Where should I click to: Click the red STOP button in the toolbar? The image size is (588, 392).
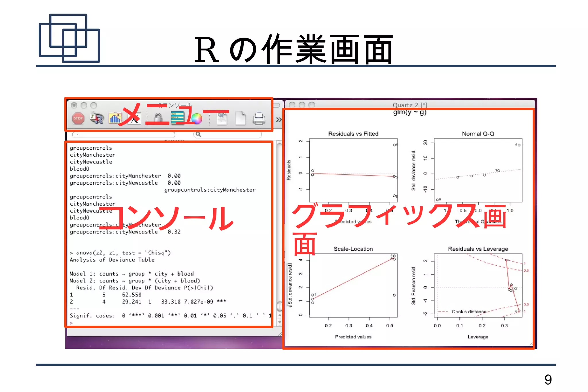coord(78,118)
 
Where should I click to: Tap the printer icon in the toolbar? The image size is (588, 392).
coord(259,119)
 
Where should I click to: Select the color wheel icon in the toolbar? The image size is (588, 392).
coord(197,119)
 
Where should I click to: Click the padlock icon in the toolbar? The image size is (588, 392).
coord(158,118)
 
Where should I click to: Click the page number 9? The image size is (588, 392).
coord(548,380)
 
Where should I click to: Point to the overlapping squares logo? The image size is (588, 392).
coord(69,38)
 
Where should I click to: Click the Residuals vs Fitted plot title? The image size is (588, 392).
coord(353,134)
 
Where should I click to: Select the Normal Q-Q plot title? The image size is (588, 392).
coord(478,134)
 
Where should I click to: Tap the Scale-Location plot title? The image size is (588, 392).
coord(353,249)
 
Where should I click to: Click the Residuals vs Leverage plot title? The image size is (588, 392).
coord(478,249)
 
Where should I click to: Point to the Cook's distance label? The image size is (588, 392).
coord(469,312)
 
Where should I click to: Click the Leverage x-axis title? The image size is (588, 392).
coord(478,337)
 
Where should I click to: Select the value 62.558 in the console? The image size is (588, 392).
coord(131,295)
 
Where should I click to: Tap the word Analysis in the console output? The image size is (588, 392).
coord(83,260)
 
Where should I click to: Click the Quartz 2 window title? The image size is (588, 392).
coord(410,105)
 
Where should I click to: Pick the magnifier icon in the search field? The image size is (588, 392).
coord(198,134)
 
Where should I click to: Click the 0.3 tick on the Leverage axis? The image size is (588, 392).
coord(504,326)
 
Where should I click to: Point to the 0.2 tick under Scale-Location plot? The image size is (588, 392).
coord(328,326)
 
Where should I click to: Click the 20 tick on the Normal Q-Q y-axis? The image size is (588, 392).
coord(425,142)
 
